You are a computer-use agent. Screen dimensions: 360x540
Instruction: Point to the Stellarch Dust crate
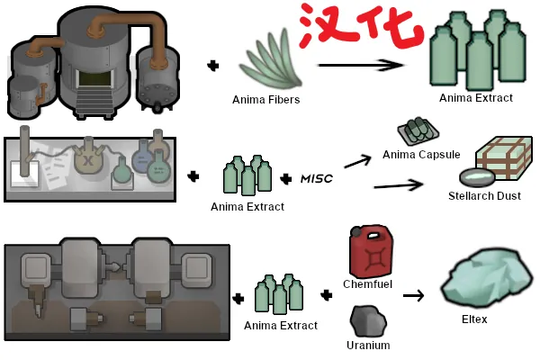tap(499, 161)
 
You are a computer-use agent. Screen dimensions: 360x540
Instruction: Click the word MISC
tap(316, 178)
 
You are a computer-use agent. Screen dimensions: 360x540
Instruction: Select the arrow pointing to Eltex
tap(413, 294)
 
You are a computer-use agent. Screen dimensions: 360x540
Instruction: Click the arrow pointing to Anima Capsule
tap(358, 160)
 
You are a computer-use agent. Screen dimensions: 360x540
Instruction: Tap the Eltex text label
tap(474, 319)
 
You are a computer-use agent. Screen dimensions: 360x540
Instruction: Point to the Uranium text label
tap(367, 345)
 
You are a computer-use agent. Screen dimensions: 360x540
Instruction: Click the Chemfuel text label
tap(366, 283)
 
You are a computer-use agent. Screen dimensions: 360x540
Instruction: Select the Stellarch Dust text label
tap(484, 195)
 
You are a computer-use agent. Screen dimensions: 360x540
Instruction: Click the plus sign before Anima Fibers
tap(213, 66)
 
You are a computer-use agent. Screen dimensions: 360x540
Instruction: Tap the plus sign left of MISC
tap(286, 178)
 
